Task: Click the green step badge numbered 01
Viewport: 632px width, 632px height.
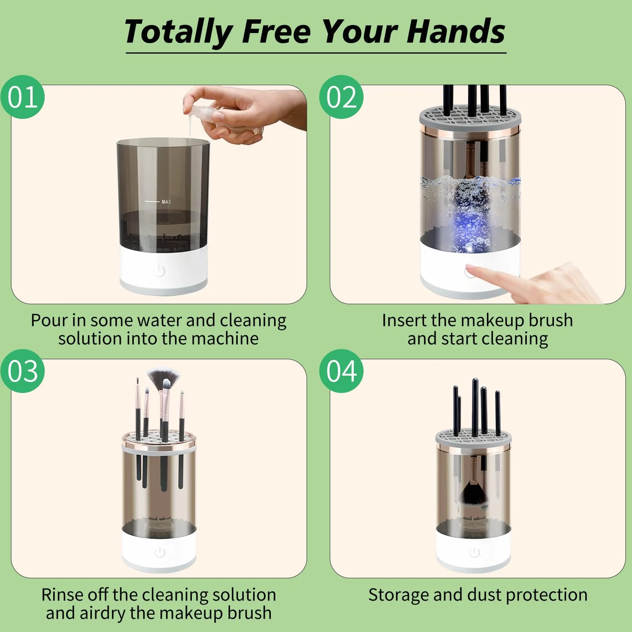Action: coord(23,97)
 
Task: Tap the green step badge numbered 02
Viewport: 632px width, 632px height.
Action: coord(341,97)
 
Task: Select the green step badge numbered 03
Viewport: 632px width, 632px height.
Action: coord(23,371)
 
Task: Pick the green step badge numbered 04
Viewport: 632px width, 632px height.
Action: coord(341,371)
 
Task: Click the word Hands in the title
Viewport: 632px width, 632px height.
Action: coord(455,31)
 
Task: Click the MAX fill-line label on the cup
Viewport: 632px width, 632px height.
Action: coord(166,202)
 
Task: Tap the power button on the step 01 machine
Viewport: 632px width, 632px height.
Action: coord(159,270)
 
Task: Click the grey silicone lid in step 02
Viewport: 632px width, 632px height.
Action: coord(470,116)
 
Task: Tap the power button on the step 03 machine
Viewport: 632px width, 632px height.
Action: coord(160,552)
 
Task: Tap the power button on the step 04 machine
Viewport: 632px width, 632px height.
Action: coord(474,552)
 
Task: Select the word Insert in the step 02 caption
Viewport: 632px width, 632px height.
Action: coord(404,320)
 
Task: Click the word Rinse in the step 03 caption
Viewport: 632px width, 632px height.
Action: coord(63,595)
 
